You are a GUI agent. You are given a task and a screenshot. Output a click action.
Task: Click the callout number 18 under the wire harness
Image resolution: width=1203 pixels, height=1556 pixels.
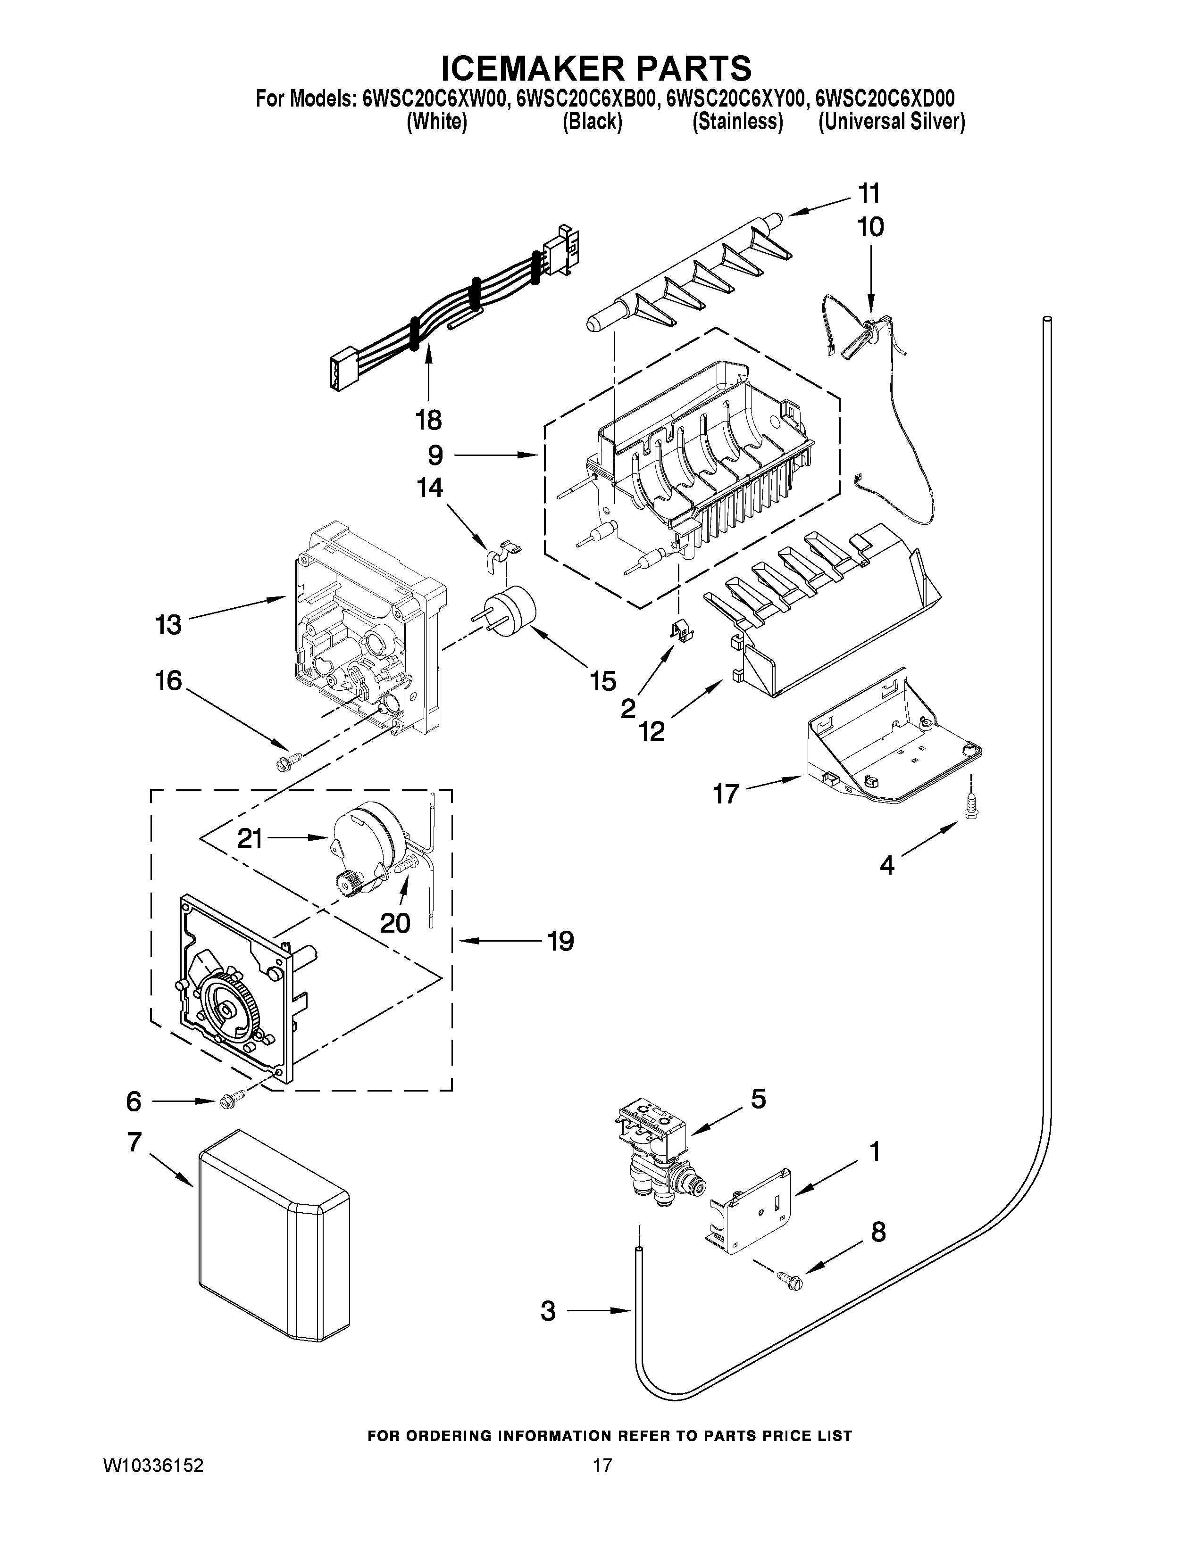click(x=428, y=420)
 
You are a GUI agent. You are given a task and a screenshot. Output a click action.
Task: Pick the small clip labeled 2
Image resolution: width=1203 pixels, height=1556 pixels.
click(x=682, y=629)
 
